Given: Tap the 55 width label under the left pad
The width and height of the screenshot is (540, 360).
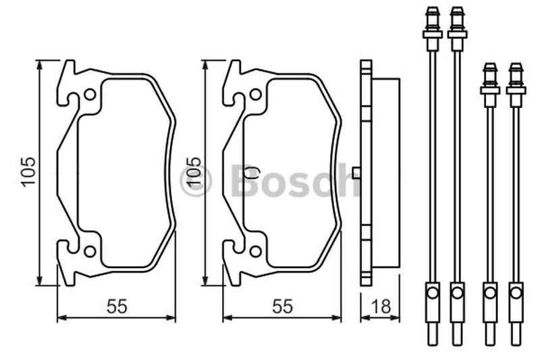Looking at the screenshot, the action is click(x=117, y=306).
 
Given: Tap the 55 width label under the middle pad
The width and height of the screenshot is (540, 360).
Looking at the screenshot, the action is click(x=282, y=306).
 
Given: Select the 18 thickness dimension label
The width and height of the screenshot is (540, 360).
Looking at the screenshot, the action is click(x=381, y=306).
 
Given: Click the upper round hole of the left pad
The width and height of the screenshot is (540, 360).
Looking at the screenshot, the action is click(x=90, y=95).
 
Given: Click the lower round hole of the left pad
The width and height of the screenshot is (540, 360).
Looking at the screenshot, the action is click(x=90, y=251).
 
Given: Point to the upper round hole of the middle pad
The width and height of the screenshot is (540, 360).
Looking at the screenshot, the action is click(x=255, y=95).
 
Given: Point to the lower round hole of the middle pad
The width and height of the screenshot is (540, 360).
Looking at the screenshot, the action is click(x=255, y=251).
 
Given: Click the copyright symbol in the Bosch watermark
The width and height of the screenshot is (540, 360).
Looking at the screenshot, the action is click(x=195, y=182).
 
